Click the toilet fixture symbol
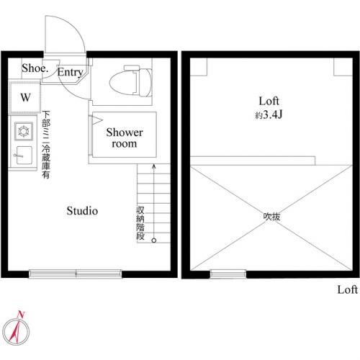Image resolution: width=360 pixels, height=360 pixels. point(131,81)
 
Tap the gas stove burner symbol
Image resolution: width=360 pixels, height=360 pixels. point(24,131)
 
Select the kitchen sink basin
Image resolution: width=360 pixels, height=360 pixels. point(23,155)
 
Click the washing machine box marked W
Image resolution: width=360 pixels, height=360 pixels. point(25,97)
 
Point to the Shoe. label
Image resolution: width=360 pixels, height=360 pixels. point(35,68)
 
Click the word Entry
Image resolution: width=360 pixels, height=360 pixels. point(70,72)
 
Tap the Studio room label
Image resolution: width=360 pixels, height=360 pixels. point(82,211)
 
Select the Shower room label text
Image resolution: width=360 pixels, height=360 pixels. point(125,138)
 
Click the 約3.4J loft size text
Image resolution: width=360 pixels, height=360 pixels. point(269,115)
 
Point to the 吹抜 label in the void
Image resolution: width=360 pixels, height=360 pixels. point(271,217)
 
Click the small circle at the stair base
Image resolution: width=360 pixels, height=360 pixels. point(154,240)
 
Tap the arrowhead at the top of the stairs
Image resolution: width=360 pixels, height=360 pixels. point(154,166)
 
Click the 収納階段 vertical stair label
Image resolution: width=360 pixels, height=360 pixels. point(140,223)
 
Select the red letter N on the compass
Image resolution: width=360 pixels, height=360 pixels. point(21,315)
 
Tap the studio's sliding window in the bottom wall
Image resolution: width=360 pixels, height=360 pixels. point(76,274)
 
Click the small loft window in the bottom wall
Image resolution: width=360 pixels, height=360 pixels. point(228,274)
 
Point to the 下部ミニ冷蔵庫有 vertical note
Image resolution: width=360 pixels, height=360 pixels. point(46,145)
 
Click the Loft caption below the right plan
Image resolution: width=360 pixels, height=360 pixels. point(347,289)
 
